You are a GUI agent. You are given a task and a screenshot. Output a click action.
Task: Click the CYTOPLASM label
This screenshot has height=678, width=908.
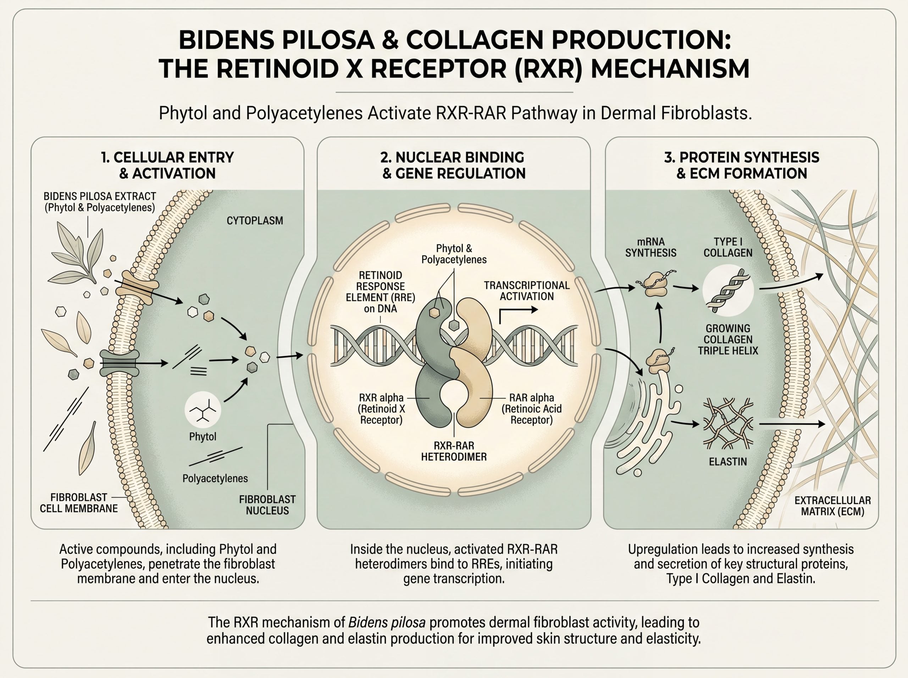tap(255, 220)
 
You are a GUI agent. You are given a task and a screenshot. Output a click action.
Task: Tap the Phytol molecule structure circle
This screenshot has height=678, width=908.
tap(203, 409)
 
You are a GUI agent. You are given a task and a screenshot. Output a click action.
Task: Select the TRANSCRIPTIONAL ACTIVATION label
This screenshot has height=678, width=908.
tap(526, 291)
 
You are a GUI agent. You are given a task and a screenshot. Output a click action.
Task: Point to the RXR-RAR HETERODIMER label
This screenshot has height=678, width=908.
tap(454, 451)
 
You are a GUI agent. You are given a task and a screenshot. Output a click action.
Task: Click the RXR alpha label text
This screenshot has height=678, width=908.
tap(381, 409)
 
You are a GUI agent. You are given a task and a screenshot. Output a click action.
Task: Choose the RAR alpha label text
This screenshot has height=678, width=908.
tap(531, 409)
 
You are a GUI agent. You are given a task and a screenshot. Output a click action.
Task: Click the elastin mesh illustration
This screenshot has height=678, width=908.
tap(728, 423)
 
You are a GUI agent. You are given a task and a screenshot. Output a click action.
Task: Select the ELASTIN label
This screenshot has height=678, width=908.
tap(728, 462)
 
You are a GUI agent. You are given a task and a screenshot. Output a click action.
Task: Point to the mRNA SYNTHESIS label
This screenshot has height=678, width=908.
tap(651, 247)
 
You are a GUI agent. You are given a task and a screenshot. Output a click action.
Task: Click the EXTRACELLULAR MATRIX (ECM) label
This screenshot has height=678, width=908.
tap(833, 506)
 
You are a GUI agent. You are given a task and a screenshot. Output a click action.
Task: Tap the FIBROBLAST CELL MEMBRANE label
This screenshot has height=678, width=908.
tap(78, 503)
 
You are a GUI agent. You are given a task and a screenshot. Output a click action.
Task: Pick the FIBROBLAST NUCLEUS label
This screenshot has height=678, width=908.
tap(267, 505)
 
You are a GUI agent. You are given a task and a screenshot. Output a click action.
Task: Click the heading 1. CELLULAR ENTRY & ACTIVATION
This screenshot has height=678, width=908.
tap(167, 165)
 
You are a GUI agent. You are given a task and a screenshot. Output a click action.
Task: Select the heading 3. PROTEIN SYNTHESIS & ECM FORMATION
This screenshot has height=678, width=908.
tap(741, 165)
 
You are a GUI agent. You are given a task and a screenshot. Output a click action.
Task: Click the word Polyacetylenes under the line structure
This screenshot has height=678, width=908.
tap(215, 478)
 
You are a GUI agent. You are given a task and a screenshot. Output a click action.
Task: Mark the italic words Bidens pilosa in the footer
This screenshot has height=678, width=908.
tap(387, 622)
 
